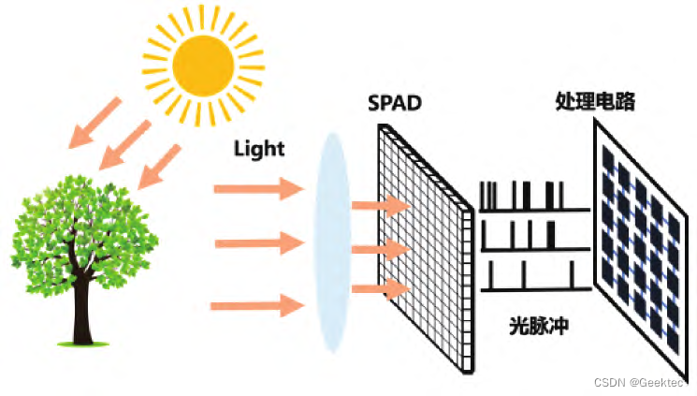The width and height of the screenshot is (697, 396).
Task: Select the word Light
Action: (259, 148)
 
